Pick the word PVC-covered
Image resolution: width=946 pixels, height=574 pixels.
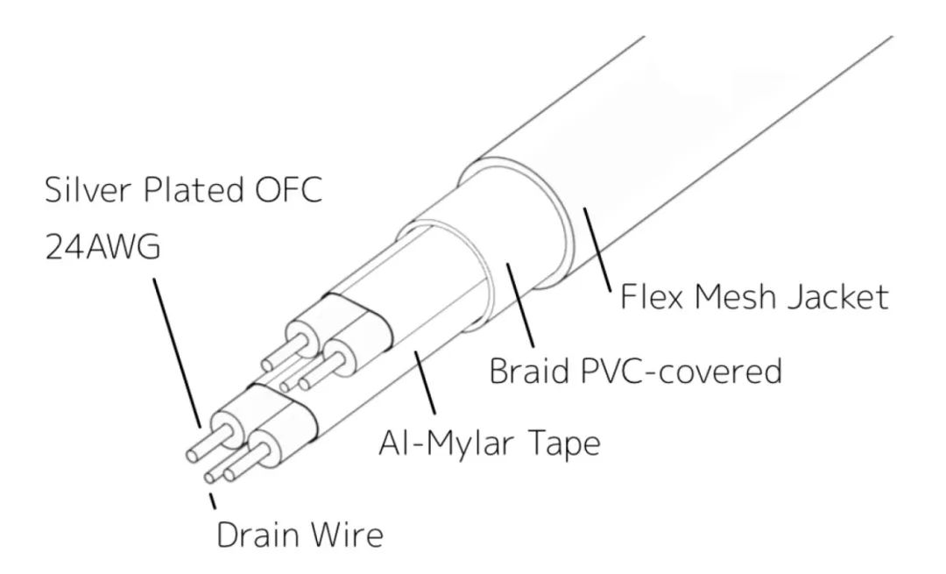pos(678,372)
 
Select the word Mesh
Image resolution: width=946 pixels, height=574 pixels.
pos(744,297)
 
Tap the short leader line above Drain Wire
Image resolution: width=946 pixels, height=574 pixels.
pos(212,502)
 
